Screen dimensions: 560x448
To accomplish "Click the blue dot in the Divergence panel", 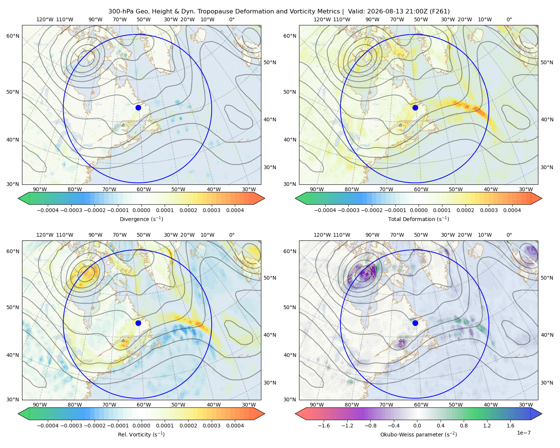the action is point(138,108).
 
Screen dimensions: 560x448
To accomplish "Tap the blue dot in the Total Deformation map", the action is point(415,108).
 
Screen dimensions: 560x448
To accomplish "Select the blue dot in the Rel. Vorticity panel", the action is point(138,323).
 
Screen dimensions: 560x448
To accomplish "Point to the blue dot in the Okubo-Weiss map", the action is point(415,323).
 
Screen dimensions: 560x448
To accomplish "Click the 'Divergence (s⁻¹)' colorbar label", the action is point(141,219).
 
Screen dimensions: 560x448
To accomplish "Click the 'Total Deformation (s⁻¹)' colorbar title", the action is point(419,219).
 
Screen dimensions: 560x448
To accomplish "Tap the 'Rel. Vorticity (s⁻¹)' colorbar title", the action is point(141,434).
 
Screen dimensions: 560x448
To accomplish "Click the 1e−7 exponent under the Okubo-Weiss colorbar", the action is point(523,433).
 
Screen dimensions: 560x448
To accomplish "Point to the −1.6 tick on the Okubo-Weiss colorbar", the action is point(324,425).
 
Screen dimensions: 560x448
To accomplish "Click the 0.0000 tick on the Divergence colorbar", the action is point(141,210).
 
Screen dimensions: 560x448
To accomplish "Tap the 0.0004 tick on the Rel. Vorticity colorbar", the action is point(235,425).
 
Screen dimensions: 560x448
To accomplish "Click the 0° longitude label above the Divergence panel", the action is point(232,19).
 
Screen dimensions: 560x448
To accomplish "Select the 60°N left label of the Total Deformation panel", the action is point(290,36).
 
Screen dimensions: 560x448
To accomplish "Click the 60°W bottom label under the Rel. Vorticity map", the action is point(144,405).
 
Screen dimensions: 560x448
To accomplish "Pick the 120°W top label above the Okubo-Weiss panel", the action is point(322,235).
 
